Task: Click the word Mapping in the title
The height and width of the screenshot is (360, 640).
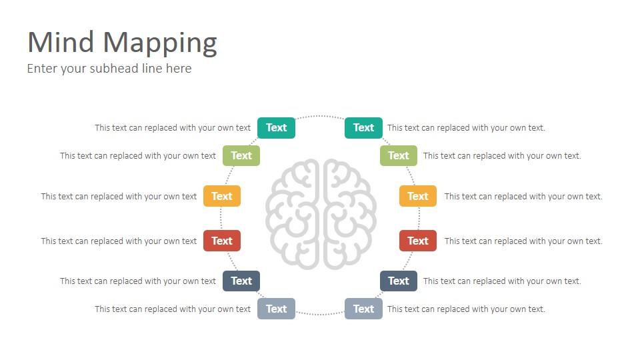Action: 160,43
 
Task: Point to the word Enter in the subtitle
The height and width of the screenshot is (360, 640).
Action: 42,68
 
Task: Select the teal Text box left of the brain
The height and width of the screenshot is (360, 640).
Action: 276,128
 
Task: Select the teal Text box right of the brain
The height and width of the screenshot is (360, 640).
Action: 364,128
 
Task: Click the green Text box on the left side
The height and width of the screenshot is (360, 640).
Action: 241,155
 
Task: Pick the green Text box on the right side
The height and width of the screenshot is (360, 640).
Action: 399,155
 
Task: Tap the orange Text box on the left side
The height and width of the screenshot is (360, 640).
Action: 222,196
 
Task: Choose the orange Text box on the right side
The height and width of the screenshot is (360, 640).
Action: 418,196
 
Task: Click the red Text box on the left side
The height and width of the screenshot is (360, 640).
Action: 222,241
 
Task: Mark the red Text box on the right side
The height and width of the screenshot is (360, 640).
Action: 418,241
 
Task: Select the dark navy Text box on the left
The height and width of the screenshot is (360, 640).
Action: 241,281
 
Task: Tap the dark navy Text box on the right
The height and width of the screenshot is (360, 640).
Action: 399,281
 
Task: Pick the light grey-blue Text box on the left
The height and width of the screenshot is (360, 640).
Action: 276,309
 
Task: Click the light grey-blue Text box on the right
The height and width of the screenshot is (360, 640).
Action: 364,309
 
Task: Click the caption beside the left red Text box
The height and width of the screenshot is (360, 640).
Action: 119,241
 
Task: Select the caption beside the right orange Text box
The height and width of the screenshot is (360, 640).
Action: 523,196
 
